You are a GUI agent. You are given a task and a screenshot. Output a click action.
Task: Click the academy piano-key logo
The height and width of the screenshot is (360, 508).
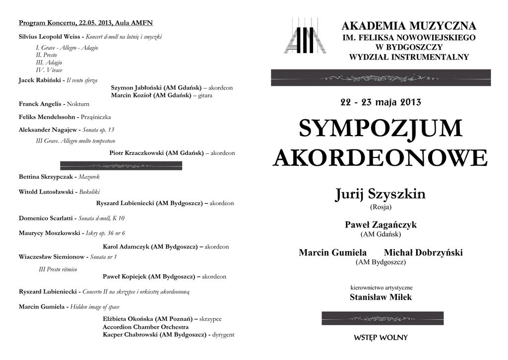pos(305,36)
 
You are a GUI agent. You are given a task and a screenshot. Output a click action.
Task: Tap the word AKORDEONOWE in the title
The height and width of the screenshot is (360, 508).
pos(381,158)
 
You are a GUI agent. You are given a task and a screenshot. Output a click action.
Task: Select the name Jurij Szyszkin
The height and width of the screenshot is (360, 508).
pos(380,194)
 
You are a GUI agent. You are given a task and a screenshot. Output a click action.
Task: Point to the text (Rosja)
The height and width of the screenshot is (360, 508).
pos(381,207)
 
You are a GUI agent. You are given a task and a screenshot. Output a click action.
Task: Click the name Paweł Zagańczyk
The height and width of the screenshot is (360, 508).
pos(381,225)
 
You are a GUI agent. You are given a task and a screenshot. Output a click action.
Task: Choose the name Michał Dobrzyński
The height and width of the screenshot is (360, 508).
pos(423,253)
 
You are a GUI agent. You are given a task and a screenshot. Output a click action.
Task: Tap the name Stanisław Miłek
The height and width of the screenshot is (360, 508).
pos(381,297)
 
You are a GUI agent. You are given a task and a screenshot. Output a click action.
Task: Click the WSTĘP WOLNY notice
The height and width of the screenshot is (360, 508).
pos(381,338)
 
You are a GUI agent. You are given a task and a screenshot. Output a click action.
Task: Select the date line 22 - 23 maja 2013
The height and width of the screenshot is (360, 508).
pos(381,103)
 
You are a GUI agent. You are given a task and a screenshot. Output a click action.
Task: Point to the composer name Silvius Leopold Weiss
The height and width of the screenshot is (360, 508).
pos(49,37)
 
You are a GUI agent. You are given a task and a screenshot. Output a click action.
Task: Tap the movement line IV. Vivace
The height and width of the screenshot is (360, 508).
pos(49,70)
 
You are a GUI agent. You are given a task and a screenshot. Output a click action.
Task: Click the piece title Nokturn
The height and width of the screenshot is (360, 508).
pos(78,104)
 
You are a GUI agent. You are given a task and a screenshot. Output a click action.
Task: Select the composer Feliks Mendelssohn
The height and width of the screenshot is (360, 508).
pos(48,117)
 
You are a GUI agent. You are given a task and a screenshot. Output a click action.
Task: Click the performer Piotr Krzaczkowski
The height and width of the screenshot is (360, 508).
pos(156,153)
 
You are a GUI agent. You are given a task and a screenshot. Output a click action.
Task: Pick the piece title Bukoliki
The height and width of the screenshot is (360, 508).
pos(89,191)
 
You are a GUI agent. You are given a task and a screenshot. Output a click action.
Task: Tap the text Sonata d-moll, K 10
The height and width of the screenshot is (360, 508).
pos(101,218)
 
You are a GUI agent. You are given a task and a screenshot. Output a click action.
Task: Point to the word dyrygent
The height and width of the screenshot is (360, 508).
pos(223,335)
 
